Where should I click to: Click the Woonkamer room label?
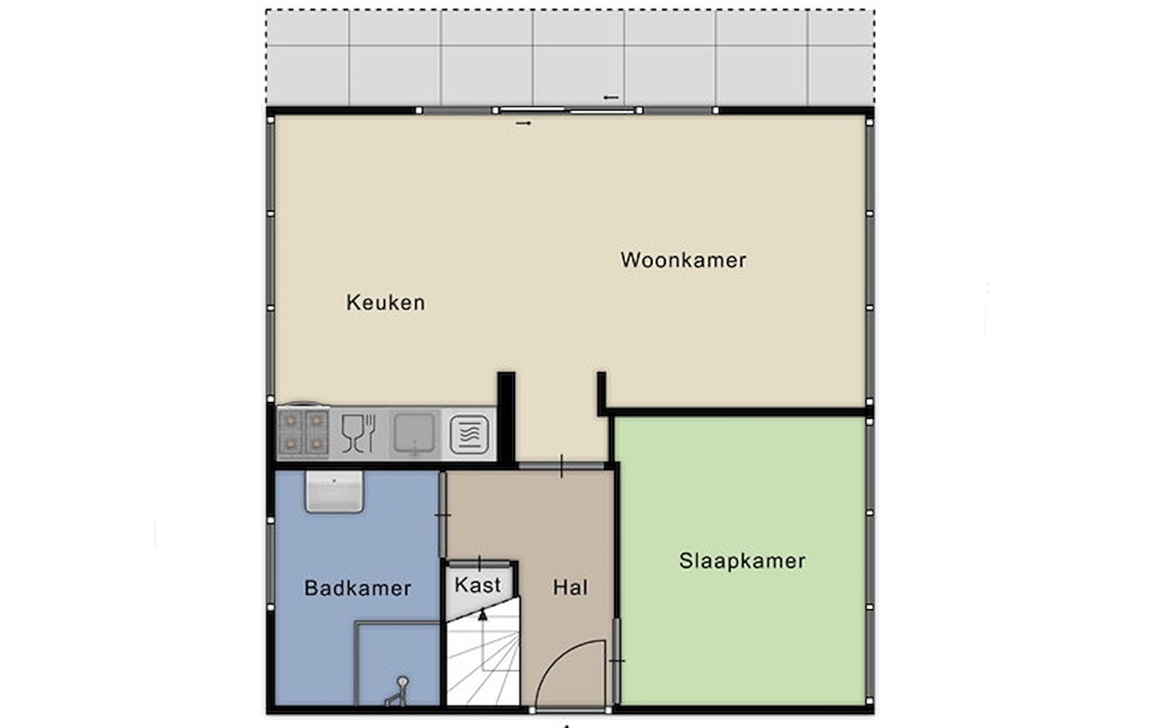[x=683, y=260]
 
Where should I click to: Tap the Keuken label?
[x=386, y=303]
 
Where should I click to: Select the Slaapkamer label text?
[x=742, y=561]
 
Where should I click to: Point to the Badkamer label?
[x=358, y=588]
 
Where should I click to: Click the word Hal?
[x=570, y=587]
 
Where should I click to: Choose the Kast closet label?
[x=478, y=585]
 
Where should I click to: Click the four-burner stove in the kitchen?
[x=303, y=433]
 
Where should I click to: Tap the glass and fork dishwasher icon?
[x=359, y=433]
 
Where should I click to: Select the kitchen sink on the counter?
[x=414, y=433]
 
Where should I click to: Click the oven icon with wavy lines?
[x=469, y=434]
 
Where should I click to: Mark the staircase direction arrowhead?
[x=483, y=615]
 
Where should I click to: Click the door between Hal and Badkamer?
[x=443, y=515]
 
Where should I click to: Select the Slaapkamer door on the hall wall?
[x=617, y=660]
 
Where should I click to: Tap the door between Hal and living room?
[x=561, y=466]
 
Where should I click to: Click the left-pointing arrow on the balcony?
[x=611, y=98]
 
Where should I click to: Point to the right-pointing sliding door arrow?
[x=523, y=124]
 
